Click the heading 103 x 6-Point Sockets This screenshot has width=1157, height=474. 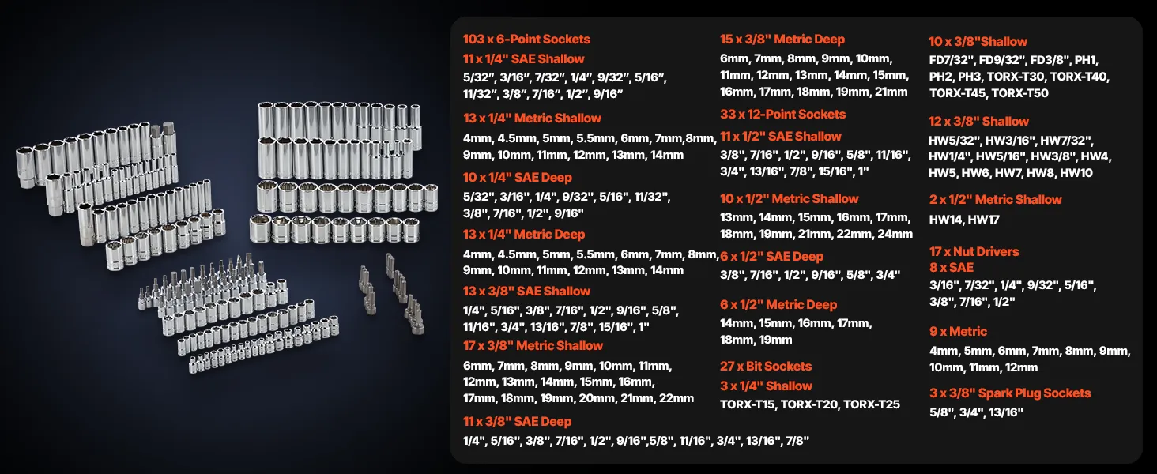click(526, 39)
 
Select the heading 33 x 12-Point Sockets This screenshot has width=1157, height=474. click(782, 114)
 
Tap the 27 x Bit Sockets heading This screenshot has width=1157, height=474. click(766, 366)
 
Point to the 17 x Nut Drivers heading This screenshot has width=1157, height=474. click(974, 251)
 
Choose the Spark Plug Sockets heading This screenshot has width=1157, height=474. click(1010, 393)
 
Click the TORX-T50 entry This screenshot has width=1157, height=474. click(1020, 93)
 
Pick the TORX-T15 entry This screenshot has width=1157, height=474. click(748, 404)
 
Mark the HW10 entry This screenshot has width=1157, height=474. click(1076, 173)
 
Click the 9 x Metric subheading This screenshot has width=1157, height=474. click(958, 332)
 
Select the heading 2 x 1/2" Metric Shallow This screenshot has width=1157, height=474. click(995, 200)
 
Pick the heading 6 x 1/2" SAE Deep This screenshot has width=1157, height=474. click(771, 257)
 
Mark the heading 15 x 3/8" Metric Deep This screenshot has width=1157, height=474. click(782, 39)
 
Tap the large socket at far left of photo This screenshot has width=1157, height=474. click(25, 166)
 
